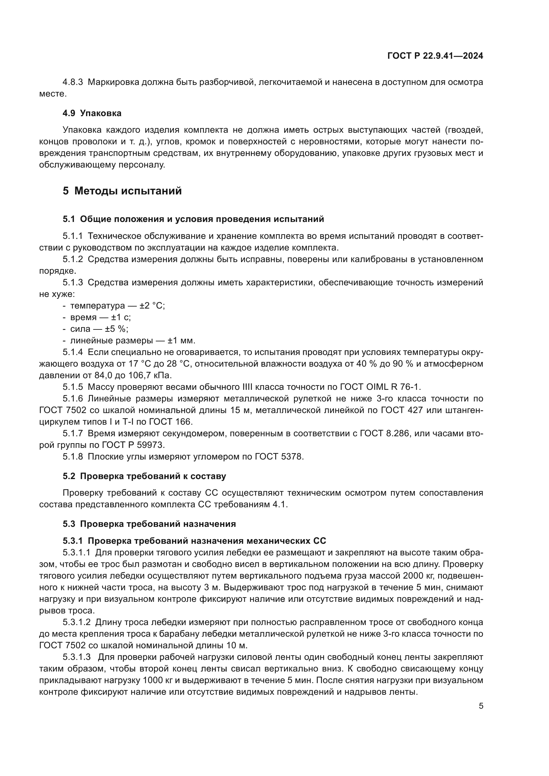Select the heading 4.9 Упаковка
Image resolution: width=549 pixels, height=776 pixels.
coord(92,113)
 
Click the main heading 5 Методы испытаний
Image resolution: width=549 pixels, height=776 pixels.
coord(122,191)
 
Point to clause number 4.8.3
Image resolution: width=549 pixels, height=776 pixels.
coord(73,82)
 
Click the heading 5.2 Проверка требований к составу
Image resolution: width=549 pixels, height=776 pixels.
coord(144,476)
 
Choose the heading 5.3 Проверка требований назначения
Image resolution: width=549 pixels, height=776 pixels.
coord(149,524)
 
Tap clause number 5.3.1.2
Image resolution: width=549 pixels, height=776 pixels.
coord(77,622)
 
